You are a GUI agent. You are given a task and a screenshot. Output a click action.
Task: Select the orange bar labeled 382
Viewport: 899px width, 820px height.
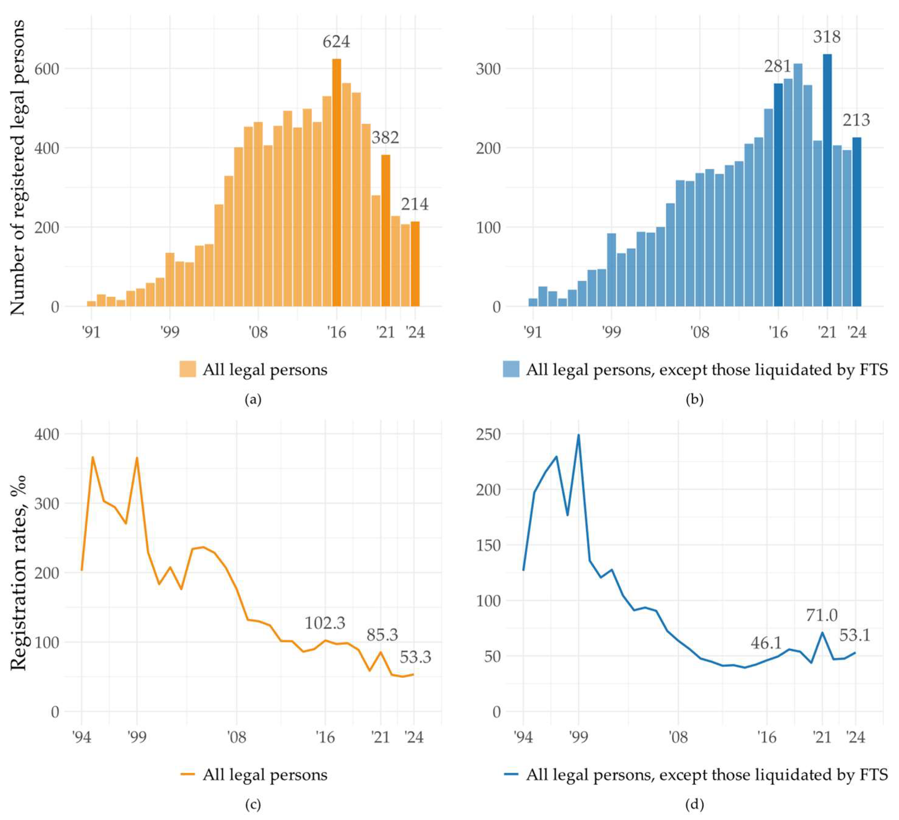pyautogui.click(x=386, y=231)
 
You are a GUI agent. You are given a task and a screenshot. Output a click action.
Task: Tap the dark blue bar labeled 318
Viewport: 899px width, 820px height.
pyautogui.click(x=827, y=180)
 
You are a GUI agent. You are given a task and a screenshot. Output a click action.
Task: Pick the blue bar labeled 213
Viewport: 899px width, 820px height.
pyautogui.click(x=857, y=222)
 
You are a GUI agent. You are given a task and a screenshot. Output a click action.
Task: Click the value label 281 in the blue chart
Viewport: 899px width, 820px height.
pyautogui.click(x=778, y=67)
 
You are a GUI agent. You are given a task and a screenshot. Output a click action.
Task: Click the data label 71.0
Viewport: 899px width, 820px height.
pyautogui.click(x=821, y=615)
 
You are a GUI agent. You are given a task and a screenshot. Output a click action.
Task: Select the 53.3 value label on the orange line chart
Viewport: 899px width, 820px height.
pyautogui.click(x=415, y=657)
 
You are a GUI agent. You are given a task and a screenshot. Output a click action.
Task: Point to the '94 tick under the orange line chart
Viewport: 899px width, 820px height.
pyautogui.click(x=81, y=738)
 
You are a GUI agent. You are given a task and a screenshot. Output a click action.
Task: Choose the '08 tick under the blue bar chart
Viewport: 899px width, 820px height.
pyautogui.click(x=699, y=332)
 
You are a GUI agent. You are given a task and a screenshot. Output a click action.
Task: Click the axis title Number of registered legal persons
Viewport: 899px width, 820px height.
pyautogui.click(x=17, y=168)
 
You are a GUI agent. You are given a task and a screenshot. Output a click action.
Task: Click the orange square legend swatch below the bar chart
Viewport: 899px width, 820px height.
pyautogui.click(x=187, y=369)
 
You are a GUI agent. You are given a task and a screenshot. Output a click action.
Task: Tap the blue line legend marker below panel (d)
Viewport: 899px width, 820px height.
pyautogui.click(x=511, y=774)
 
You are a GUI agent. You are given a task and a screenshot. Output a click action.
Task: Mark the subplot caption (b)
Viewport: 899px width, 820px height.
pyautogui.click(x=694, y=399)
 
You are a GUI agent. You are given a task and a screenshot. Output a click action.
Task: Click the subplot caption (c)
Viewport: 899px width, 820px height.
pyautogui.click(x=253, y=804)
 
